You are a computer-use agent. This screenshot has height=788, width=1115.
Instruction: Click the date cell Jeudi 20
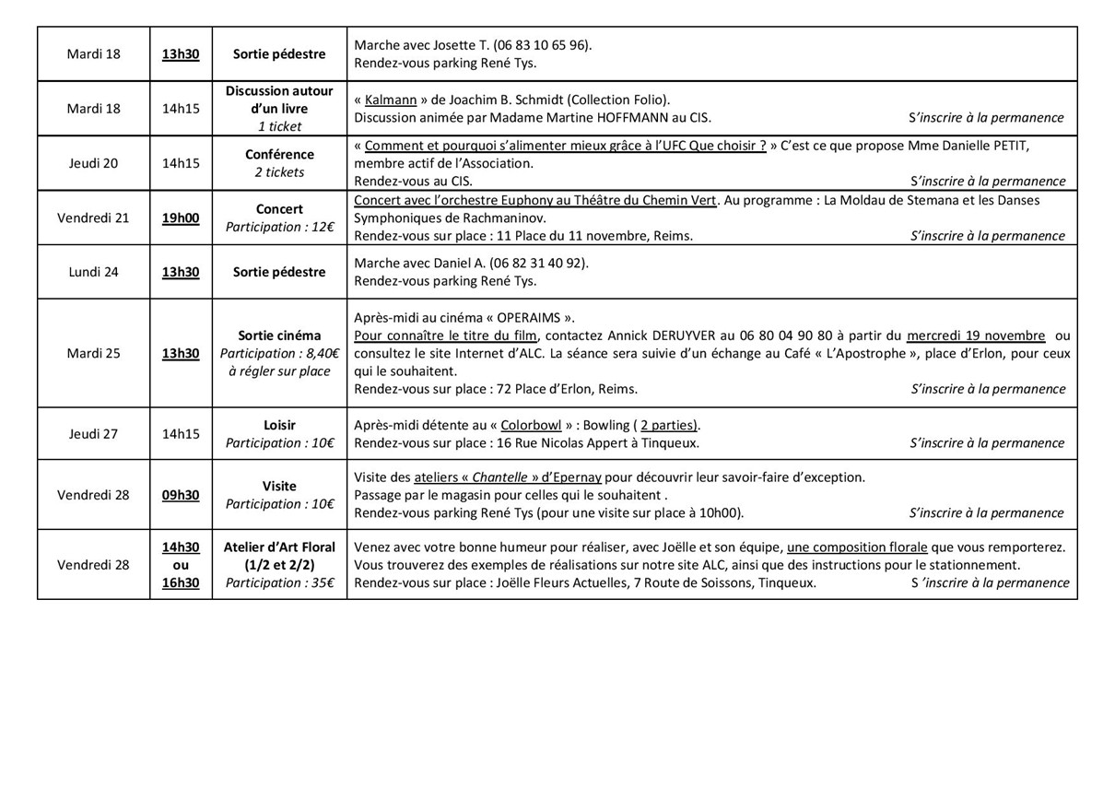[93, 163]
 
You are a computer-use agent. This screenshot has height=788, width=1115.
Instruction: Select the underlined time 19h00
[181, 218]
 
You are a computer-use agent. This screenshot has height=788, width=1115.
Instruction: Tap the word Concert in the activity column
[279, 209]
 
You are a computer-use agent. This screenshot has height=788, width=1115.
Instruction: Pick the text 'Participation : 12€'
[279, 227]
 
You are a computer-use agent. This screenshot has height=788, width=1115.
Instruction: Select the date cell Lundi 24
[93, 272]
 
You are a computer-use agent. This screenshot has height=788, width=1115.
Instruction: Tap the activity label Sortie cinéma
[279, 335]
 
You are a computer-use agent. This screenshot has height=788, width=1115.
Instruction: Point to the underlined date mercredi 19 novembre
[975, 335]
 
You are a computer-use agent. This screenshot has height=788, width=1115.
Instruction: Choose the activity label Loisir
[279, 425]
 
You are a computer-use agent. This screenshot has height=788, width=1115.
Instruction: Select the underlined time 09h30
[181, 495]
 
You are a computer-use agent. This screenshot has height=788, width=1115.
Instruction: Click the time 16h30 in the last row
[181, 582]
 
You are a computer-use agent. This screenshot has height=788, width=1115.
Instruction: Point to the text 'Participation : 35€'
[279, 582]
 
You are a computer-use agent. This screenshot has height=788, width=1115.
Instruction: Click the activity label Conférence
[279, 154]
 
